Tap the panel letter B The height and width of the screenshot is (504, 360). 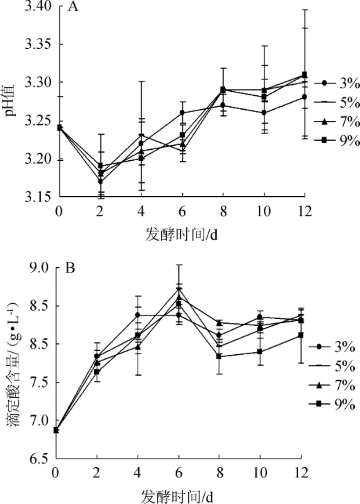tap(70, 268)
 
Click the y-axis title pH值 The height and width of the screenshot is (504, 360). tap(13, 99)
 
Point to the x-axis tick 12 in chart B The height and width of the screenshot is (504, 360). tap(301, 473)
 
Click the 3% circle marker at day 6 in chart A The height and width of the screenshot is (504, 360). tap(182, 112)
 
